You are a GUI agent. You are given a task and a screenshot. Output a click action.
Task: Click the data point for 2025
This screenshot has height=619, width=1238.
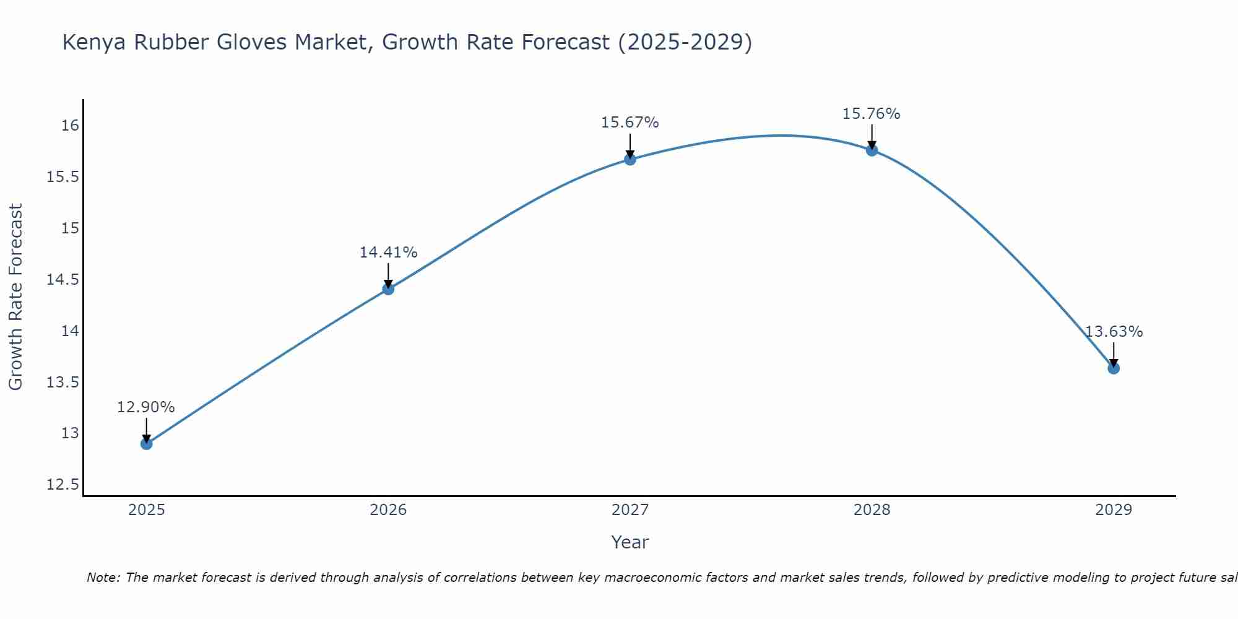146,443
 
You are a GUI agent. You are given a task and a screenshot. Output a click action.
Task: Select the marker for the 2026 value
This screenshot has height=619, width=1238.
388,288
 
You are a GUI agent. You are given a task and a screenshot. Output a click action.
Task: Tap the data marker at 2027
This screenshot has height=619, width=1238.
630,159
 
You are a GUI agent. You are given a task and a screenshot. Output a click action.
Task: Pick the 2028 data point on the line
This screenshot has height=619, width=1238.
872,150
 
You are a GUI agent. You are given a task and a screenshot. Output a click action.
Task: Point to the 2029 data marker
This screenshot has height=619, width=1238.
1114,368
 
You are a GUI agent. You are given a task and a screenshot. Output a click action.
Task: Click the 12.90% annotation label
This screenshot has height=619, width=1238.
146,407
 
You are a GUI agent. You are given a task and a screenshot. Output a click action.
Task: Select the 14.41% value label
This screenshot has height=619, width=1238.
388,253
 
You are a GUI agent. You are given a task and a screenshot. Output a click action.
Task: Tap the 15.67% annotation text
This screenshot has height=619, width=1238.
630,123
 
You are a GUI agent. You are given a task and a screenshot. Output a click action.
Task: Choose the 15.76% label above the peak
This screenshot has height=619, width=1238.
872,114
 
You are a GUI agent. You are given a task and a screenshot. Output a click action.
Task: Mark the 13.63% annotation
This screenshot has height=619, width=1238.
1114,332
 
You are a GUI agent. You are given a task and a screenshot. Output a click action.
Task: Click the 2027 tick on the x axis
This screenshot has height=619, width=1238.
630,510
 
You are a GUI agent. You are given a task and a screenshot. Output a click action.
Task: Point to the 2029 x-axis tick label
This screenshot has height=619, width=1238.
1114,510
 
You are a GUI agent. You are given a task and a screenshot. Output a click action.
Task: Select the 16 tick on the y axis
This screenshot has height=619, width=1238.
70,126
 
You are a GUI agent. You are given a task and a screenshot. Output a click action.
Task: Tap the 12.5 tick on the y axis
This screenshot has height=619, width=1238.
63,484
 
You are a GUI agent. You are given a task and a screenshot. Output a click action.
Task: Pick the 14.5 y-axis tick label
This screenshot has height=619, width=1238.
63,280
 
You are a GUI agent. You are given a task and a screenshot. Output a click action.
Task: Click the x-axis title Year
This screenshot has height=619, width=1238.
630,542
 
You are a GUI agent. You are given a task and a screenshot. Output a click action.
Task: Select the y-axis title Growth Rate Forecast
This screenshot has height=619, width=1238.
16,297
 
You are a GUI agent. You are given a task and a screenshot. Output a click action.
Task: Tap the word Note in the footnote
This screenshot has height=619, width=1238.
103,578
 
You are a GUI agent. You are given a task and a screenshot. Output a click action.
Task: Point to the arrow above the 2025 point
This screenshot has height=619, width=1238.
146,429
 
